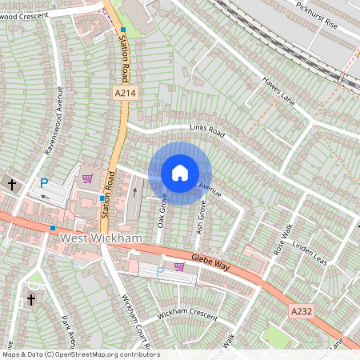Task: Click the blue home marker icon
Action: click(180, 172)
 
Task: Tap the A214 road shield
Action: click(123, 94)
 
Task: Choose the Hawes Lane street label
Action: click(278, 90)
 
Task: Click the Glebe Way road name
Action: click(211, 262)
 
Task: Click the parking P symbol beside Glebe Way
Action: click(159, 272)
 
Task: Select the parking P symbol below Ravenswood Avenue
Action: click(45, 183)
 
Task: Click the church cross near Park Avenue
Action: click(31, 300)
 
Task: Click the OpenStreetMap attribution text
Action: click(80, 354)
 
